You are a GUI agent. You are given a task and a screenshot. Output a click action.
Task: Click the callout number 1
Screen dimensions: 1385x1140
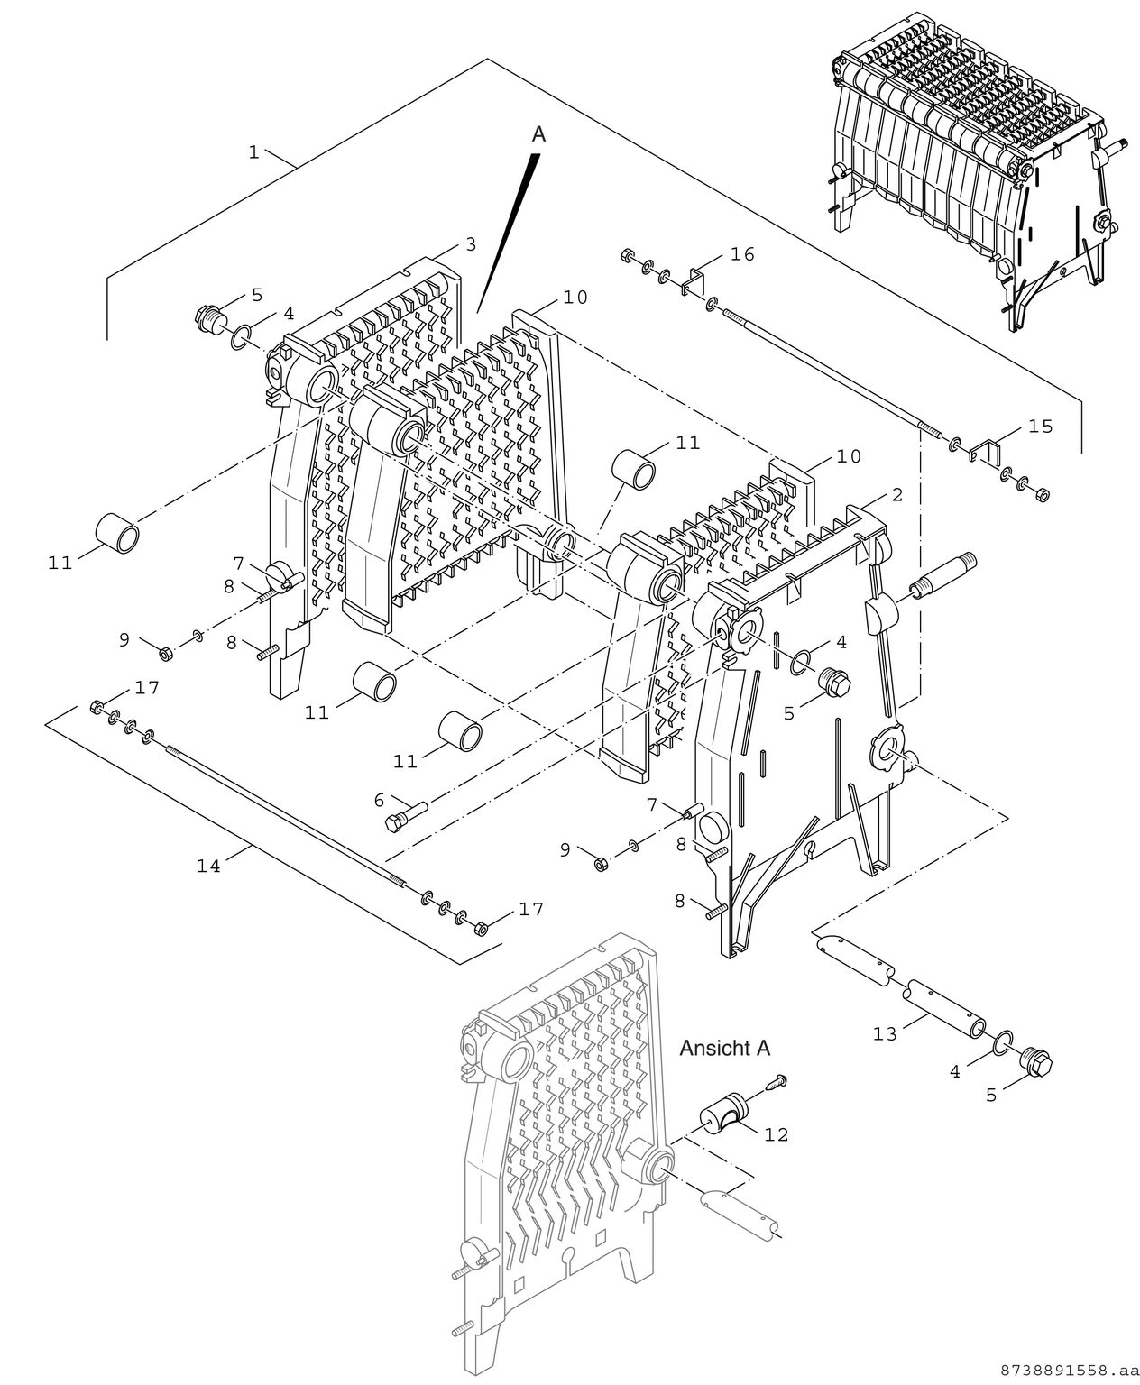[x=254, y=152]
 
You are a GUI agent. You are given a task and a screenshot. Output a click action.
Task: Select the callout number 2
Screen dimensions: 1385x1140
[x=896, y=494]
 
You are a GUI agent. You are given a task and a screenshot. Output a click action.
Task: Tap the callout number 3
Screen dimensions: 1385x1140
[x=470, y=244]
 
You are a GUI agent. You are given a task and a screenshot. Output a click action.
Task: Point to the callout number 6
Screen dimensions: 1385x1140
[x=379, y=799]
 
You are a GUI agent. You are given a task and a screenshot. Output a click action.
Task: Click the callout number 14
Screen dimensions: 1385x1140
[x=208, y=866]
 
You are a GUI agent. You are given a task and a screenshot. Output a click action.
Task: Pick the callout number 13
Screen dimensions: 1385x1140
[x=885, y=1033]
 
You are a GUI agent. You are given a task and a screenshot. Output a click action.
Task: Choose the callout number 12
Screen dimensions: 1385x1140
[x=776, y=1134]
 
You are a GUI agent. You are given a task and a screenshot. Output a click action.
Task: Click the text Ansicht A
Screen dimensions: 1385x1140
[x=724, y=1048]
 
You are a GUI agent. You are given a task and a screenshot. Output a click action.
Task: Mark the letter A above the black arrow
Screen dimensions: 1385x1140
[x=538, y=134]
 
